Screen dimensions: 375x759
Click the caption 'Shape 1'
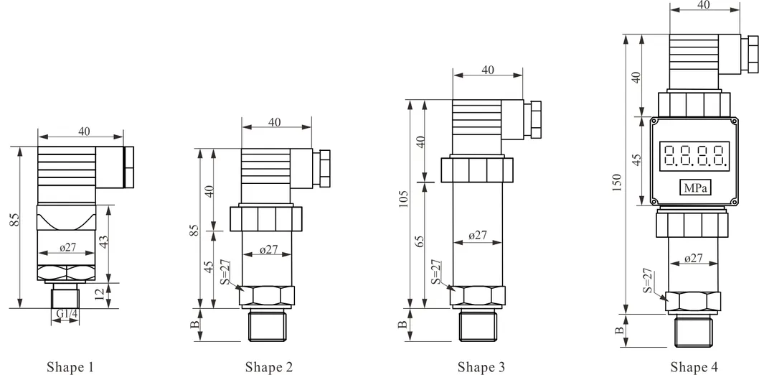70,367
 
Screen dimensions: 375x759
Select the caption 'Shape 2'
268,367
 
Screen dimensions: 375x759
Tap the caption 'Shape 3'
481,367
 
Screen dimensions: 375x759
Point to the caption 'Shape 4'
694,367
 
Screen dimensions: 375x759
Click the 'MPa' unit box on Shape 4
694,188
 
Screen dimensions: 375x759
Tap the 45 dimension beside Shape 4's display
636,159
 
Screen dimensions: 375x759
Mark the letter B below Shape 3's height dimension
403,324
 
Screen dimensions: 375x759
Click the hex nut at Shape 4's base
693,302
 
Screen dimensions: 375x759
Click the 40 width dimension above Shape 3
488,70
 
